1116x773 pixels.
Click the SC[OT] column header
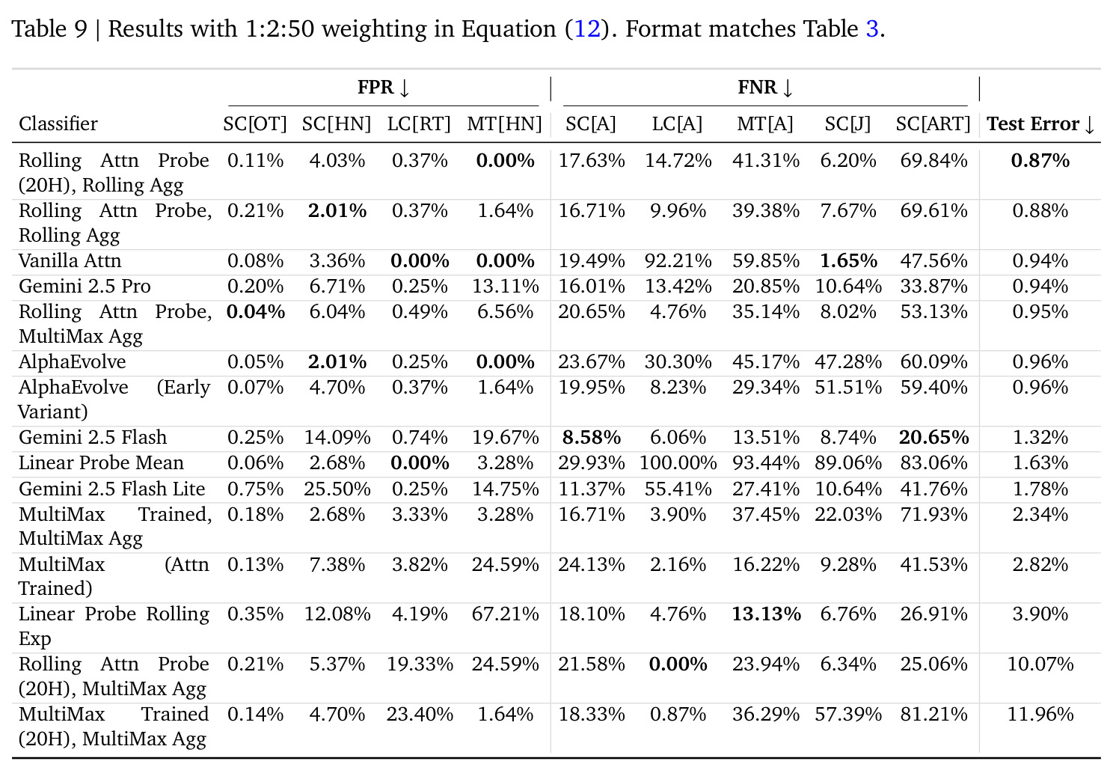[x=254, y=124]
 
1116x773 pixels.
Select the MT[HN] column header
[x=504, y=124]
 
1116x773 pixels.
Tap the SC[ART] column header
[x=933, y=124]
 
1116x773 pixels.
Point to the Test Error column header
[x=1040, y=124]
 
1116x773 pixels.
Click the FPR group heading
[x=383, y=88]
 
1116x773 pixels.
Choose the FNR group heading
[x=764, y=88]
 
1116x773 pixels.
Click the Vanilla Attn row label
[x=70, y=261]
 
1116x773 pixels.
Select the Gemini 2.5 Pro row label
[x=85, y=287]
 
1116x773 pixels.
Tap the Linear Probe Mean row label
[x=101, y=463]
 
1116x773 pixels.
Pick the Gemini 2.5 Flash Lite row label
[x=111, y=489]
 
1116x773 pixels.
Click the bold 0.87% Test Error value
[x=1040, y=161]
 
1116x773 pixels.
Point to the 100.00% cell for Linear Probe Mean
[x=678, y=463]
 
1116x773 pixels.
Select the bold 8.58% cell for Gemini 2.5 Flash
[x=592, y=438]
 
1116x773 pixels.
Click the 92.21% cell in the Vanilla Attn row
[x=678, y=261]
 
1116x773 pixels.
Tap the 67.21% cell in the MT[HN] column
[x=505, y=614]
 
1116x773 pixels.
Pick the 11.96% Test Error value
[x=1040, y=715]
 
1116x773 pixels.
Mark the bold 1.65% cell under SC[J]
[x=848, y=261]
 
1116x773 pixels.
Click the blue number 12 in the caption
[x=587, y=29]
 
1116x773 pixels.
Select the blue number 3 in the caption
[x=872, y=29]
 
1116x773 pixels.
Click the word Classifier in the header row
[x=58, y=124]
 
